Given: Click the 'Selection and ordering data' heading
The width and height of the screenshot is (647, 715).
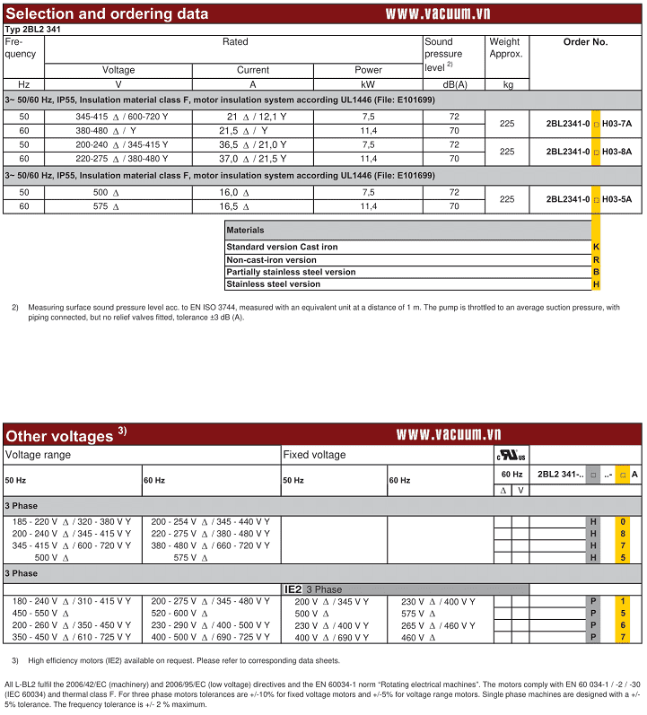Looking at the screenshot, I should point(107,13).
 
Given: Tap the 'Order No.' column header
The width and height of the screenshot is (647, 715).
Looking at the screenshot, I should point(585,42).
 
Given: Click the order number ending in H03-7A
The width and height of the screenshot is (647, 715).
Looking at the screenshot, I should point(588,124).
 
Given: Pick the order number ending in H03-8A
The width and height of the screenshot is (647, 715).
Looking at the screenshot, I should point(588,152).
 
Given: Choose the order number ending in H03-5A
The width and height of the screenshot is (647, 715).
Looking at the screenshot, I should point(588,199).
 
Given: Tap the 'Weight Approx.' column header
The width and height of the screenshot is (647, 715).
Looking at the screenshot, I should point(505,48).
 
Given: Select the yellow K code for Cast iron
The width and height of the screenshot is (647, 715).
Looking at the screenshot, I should point(596,247).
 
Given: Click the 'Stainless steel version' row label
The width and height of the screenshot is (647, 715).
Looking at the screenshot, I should point(273,284).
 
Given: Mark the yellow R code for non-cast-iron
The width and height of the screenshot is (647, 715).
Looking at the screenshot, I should point(596,259).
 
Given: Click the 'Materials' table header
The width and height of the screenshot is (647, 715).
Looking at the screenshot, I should point(245,231).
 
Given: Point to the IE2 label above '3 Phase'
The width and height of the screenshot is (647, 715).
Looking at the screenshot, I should point(293,589).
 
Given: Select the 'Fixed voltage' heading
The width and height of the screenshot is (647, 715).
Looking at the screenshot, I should point(314,455).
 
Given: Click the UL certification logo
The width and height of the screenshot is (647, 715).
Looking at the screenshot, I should point(511,455).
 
